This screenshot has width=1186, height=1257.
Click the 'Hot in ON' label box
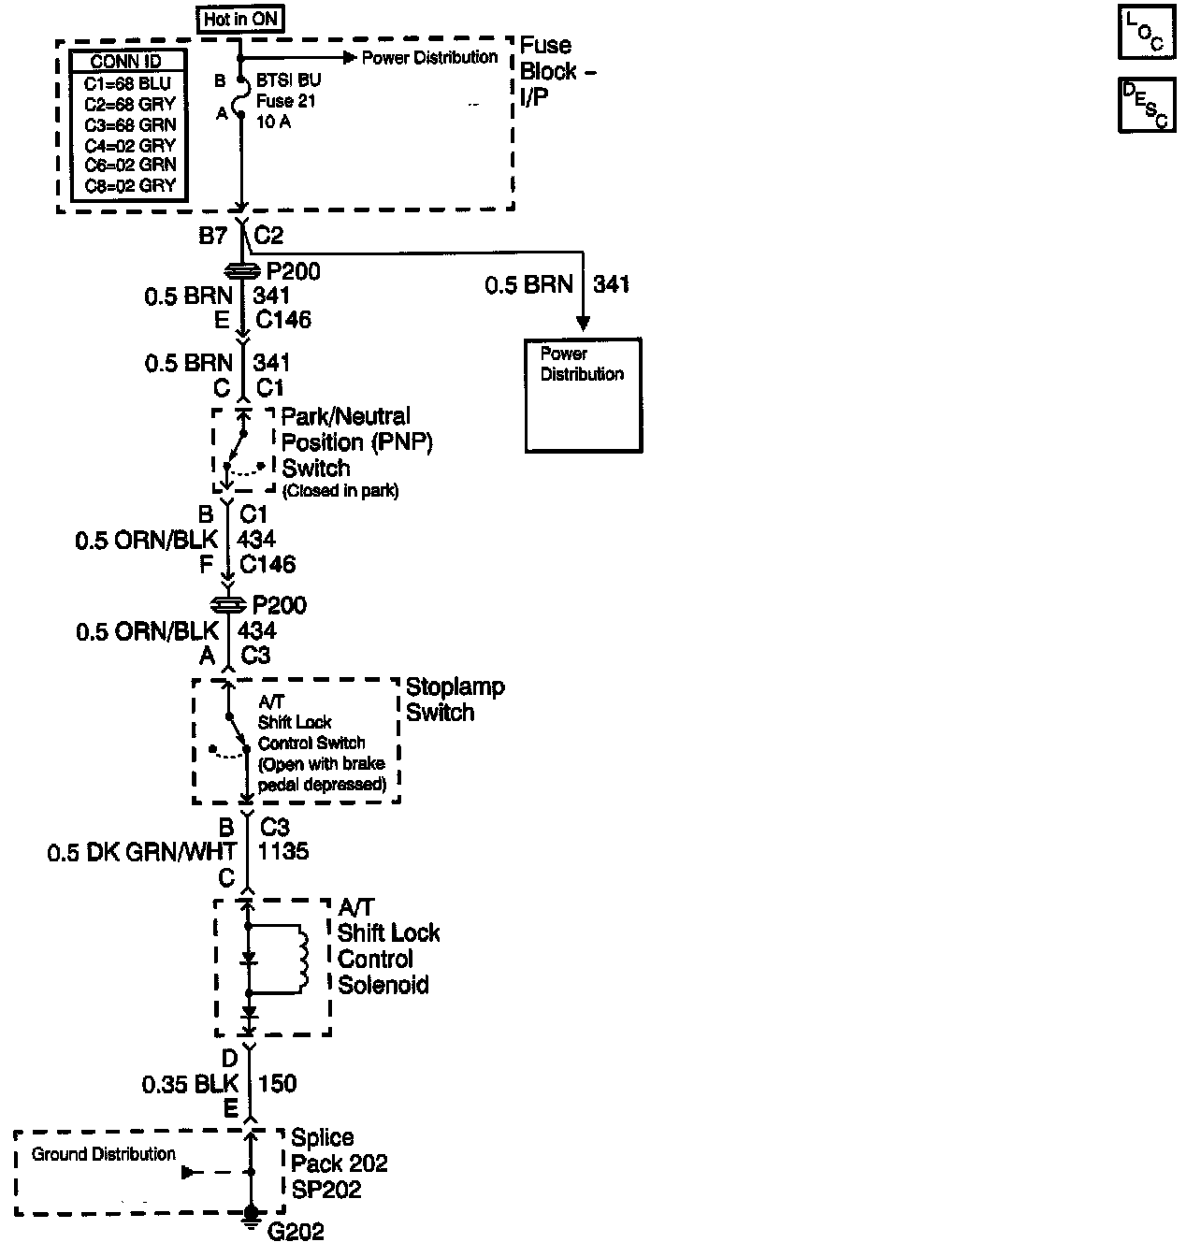(242, 19)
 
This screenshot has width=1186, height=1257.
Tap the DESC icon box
(1145, 106)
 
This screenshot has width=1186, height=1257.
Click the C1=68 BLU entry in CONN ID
(129, 83)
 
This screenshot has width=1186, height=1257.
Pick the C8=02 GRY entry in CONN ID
(129, 185)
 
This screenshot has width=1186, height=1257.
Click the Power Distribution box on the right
(584, 396)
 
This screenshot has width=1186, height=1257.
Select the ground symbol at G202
(250, 1215)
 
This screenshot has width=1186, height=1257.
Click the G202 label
(296, 1231)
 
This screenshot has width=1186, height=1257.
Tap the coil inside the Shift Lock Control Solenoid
(300, 959)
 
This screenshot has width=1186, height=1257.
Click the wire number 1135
(284, 852)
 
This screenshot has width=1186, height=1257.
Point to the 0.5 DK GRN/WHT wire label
(141, 852)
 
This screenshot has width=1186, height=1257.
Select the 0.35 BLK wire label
(190, 1084)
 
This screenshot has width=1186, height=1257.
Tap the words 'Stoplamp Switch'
(455, 699)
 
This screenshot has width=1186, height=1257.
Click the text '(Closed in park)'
(340, 491)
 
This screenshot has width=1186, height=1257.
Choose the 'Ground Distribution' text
(103, 1154)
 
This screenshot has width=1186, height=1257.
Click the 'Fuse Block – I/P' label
(557, 71)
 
